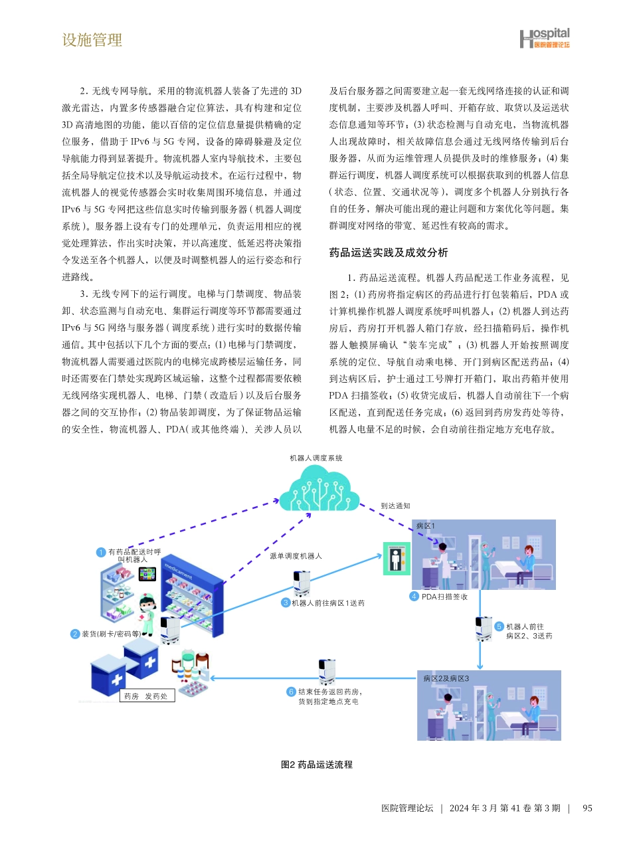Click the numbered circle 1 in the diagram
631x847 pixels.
point(100,552)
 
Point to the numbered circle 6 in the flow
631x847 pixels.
point(290,692)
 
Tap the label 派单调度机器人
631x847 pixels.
point(296,556)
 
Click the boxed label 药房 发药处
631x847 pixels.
point(142,696)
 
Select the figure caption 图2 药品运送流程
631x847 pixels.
point(317,765)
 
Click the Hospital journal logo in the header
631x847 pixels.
point(544,39)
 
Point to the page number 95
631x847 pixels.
point(586,808)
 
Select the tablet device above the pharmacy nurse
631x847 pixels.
point(147,573)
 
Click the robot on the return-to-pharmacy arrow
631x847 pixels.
point(326,672)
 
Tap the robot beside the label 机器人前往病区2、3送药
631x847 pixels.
point(484,628)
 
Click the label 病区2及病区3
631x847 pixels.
point(446,678)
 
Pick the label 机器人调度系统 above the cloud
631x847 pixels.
point(316,458)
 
